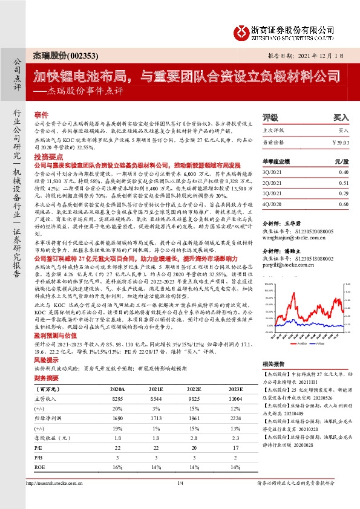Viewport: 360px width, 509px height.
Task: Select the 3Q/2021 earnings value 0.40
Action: point(344,172)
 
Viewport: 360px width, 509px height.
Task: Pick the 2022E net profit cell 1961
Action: point(194,417)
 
